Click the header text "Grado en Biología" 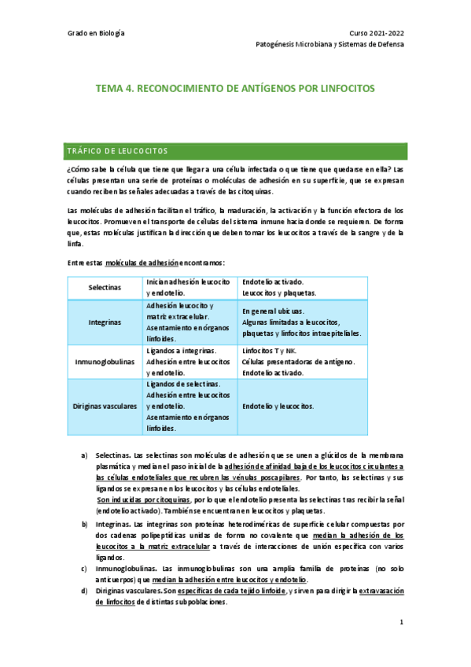click(x=96, y=33)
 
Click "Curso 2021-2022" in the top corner click(x=377, y=33)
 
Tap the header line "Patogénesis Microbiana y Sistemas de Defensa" click(x=331, y=45)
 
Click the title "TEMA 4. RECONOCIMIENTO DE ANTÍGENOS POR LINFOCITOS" click(x=235, y=89)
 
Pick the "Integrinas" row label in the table click(x=105, y=322)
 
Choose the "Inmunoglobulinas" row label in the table click(x=105, y=362)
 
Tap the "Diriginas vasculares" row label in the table click(x=105, y=407)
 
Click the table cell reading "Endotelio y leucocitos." click(x=278, y=407)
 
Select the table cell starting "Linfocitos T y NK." click(x=298, y=362)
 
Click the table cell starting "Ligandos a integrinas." click(x=188, y=362)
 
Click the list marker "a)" click(x=85, y=455)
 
